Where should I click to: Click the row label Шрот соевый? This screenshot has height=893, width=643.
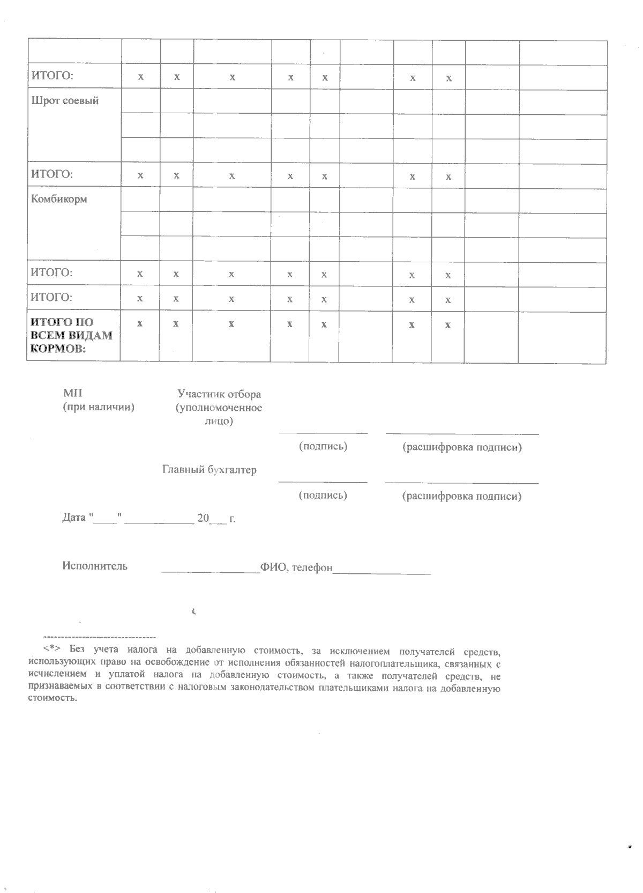(x=65, y=101)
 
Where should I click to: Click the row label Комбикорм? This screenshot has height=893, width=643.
(x=59, y=199)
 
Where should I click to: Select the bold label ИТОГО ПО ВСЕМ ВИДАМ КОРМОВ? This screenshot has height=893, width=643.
(x=71, y=336)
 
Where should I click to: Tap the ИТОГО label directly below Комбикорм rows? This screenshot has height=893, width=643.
(x=51, y=272)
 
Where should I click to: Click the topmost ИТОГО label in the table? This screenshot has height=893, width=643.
(x=51, y=76)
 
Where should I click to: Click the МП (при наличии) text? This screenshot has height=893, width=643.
(x=99, y=401)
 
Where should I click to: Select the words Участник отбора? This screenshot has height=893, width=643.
(x=219, y=394)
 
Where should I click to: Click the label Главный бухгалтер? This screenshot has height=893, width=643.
(x=210, y=470)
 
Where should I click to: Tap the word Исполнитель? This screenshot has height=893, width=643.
(x=95, y=566)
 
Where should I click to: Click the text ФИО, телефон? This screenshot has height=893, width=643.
(x=296, y=567)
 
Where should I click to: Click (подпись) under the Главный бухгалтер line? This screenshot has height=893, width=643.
(x=323, y=495)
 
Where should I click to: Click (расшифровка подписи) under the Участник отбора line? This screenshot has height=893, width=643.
(x=462, y=447)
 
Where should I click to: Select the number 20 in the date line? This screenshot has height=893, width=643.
(x=203, y=518)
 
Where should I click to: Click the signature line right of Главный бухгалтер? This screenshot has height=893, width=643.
(x=323, y=482)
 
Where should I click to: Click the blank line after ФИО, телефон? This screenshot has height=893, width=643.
(x=382, y=573)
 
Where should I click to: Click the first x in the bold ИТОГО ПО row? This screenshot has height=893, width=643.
(x=140, y=323)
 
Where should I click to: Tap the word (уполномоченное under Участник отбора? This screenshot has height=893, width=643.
(x=219, y=408)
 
